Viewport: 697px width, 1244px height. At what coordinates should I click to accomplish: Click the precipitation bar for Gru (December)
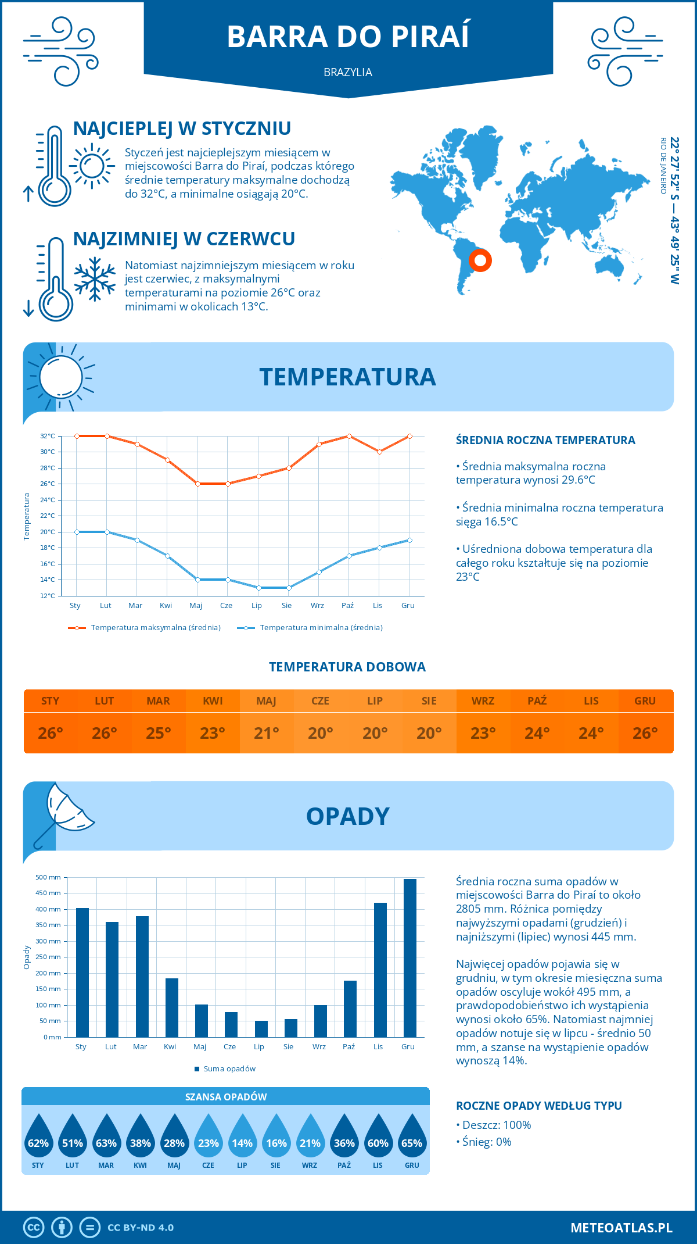coord(409,958)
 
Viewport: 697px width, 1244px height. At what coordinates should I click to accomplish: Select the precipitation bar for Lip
coord(261,1028)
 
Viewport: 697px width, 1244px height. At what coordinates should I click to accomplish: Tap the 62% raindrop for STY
coord(38,1140)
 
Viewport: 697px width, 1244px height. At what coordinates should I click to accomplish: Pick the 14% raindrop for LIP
coord(242,1140)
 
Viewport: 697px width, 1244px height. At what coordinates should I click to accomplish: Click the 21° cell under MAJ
coord(267,733)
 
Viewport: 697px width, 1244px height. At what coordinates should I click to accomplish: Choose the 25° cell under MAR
coord(159,733)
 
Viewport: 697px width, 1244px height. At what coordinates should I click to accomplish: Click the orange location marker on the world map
coord(480,260)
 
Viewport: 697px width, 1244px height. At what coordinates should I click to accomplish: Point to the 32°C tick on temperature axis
coord(48,436)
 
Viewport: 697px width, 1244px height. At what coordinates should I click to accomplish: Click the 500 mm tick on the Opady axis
coord(48,877)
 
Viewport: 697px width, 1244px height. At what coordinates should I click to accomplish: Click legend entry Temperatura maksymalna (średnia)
coord(155,628)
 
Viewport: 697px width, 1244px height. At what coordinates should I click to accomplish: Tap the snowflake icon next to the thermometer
coord(95,279)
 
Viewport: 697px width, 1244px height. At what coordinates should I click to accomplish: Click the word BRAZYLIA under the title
coord(348,73)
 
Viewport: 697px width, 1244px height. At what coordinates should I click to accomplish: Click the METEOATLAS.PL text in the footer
coord(621,1228)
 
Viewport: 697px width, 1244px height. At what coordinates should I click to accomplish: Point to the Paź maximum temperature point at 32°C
coord(349,436)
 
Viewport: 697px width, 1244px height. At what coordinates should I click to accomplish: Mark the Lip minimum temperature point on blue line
coord(258,588)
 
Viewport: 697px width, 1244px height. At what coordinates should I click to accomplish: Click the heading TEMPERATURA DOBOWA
coord(347,667)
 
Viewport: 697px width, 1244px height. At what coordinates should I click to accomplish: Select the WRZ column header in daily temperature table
coord(483,701)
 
